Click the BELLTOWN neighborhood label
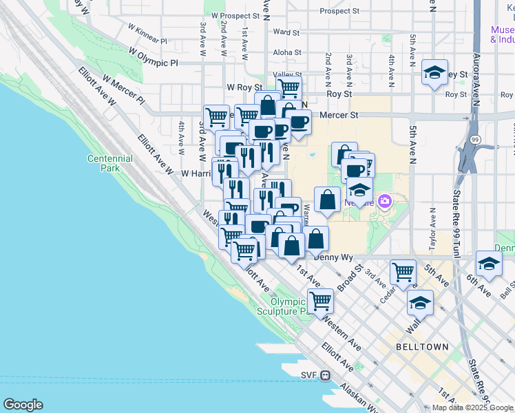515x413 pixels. click(x=422, y=347)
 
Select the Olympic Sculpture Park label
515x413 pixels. click(x=288, y=306)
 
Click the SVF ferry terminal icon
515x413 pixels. click(x=326, y=375)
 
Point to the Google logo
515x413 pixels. click(x=23, y=405)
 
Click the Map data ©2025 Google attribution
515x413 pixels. click(x=472, y=407)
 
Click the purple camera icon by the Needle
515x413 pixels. click(x=384, y=202)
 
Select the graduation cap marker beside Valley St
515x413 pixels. click(x=434, y=72)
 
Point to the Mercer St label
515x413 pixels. click(x=342, y=116)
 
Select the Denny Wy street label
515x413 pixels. click(x=333, y=255)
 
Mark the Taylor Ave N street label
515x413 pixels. click(x=432, y=226)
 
